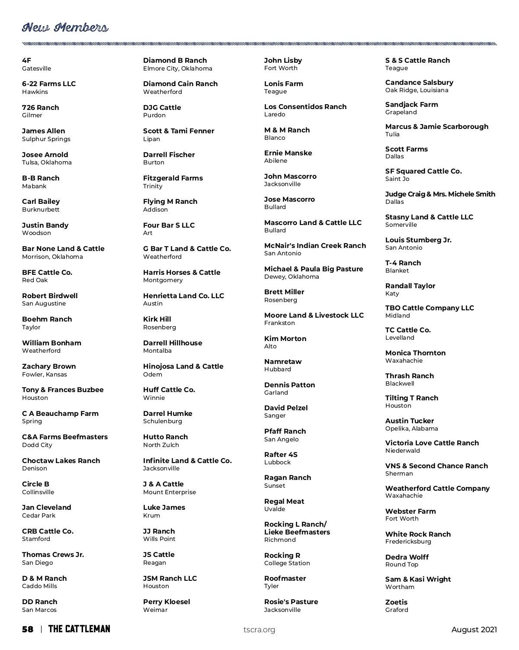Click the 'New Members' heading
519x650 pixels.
[65, 28]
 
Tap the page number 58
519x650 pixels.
[28, 629]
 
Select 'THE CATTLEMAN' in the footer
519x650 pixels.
[79, 629]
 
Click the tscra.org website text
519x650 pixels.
[259, 630]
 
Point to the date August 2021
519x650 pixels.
[474, 630]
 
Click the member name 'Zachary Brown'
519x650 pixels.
[49, 367]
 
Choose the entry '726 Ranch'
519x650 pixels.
[41, 108]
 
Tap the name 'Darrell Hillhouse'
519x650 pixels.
[173, 343]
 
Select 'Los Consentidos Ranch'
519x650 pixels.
[305, 107]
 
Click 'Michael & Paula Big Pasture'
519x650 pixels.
[314, 269]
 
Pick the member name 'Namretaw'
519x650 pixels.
[283, 362]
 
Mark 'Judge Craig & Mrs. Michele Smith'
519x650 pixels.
[440, 194]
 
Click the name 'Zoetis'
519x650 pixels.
[396, 602]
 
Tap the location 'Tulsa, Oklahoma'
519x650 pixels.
[47, 163]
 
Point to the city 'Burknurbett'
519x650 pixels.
[41, 210]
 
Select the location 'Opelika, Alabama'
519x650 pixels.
[411, 429]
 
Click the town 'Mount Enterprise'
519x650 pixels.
[170, 492]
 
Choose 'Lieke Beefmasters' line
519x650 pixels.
[297, 532]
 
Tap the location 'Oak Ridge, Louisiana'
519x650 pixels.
[417, 90]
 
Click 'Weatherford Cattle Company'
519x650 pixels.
[437, 489]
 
